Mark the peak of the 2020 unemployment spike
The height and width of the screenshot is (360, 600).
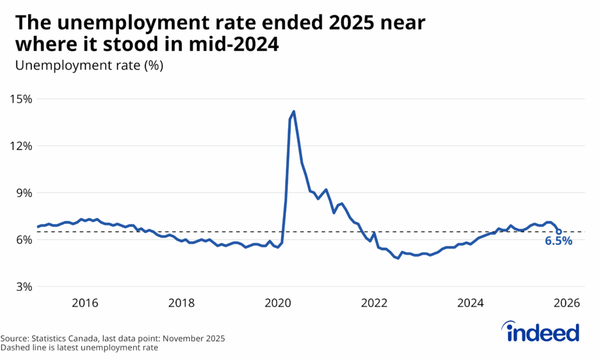point(294,111)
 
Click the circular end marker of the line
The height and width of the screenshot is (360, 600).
point(558,232)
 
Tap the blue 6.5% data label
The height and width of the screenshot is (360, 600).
point(558,242)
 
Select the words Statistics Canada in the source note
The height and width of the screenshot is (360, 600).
point(63,338)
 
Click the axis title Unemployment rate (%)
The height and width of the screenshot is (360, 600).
point(89,65)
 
